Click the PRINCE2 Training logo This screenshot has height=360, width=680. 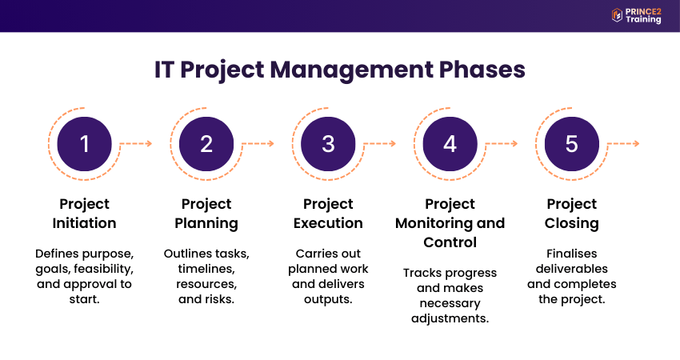point(636,15)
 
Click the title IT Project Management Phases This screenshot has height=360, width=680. point(339,70)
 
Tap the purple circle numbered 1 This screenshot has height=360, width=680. point(85,144)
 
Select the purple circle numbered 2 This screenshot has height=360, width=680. point(206,144)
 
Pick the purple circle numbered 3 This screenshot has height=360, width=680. point(328,144)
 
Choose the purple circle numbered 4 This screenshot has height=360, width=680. point(450,144)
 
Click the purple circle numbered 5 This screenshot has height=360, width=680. point(571,144)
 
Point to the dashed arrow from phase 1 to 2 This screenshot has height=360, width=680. point(135,144)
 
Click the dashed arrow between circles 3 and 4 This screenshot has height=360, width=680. point(379,144)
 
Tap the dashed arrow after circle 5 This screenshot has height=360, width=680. point(622,144)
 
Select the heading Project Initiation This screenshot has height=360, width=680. point(85,214)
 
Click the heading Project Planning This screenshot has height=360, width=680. point(206,214)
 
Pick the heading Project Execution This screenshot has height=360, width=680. point(328,214)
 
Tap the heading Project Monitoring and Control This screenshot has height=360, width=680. point(450,222)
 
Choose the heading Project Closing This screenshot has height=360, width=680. point(571,214)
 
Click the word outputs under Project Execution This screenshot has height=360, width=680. point(328,300)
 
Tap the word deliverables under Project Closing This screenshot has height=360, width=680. point(571,269)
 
